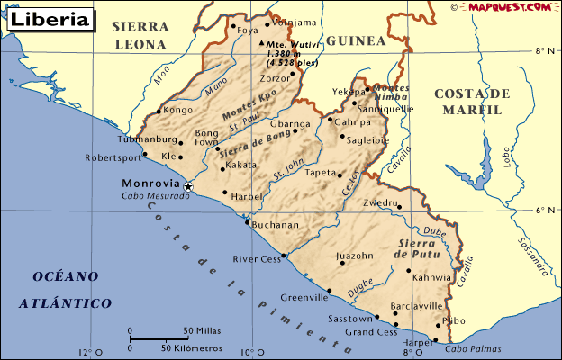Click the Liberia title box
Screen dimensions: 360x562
coord(50,18)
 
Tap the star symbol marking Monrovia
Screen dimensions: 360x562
coord(188,186)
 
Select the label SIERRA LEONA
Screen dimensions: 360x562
coord(140,35)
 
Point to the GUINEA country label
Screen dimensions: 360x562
coord(355,41)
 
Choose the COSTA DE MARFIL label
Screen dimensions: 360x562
coord(472,102)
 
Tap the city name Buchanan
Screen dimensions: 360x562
coord(276,225)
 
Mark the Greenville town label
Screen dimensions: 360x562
coord(304,297)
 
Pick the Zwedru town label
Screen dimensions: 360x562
coord(379,203)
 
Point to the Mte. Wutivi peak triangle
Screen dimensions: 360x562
coord(261,42)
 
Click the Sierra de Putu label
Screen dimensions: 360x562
coord(416,250)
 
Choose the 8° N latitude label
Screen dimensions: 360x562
coord(544,51)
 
